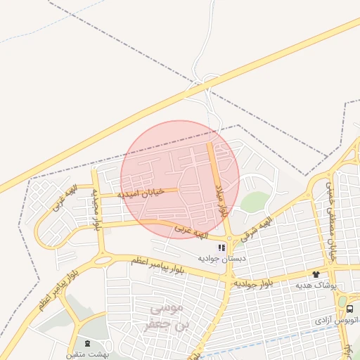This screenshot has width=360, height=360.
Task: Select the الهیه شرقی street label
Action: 258,226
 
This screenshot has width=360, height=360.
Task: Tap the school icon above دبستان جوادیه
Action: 221,247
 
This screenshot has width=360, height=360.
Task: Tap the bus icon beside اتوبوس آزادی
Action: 349,309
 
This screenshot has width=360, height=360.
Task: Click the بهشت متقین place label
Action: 86,354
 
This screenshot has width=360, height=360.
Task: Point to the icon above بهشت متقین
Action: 86,344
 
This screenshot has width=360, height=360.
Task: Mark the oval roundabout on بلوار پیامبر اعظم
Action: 103,260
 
